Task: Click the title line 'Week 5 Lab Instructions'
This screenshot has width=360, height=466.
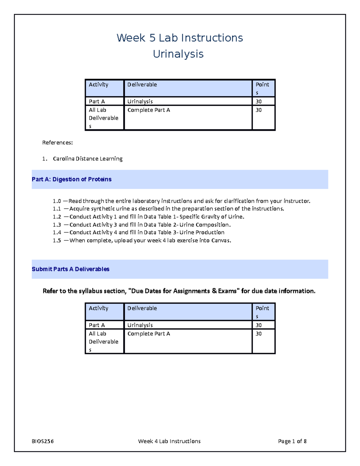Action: tap(180, 38)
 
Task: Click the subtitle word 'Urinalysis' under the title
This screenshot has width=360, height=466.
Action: tap(178, 54)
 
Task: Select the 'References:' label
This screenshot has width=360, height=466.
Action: tap(57, 143)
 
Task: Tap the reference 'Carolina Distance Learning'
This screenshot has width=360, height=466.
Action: tap(88, 159)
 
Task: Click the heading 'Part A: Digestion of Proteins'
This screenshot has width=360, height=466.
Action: tap(72, 179)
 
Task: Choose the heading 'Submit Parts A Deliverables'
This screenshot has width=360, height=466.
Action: tap(70, 269)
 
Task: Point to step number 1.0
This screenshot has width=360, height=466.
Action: tap(57, 201)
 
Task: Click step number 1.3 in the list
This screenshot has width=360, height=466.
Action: tap(57, 225)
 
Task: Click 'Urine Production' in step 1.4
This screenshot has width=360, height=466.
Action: tap(202, 233)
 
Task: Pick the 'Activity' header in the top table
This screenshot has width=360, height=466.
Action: tap(98, 85)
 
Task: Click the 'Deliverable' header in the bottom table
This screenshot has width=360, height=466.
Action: tap(142, 308)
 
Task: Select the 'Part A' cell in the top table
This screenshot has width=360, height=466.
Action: tap(97, 101)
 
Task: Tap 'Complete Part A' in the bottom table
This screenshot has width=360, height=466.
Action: tap(148, 334)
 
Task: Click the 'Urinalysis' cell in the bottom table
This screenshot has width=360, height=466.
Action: tap(140, 325)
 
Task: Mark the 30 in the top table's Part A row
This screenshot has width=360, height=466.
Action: tap(258, 101)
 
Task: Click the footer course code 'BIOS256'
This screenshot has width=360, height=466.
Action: tap(43, 441)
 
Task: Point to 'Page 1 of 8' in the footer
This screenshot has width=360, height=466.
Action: tap(292, 441)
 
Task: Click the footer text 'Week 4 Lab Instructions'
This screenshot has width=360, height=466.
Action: tap(169, 441)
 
